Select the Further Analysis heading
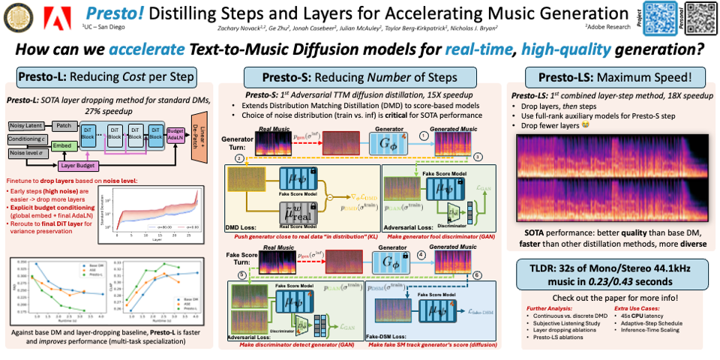[548, 308]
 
